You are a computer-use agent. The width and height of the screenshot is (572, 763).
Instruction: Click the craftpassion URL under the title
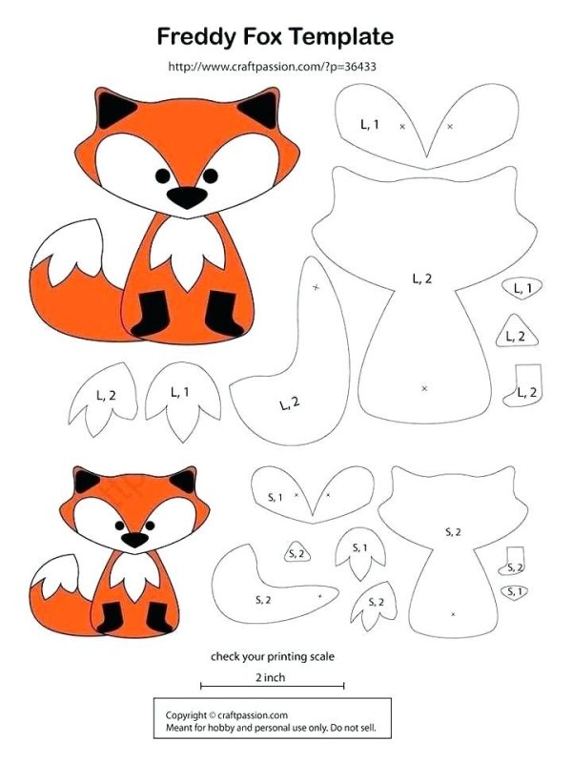click(x=272, y=66)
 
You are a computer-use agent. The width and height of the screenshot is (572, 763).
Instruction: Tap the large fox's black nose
click(x=187, y=197)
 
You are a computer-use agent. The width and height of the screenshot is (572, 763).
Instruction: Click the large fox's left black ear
click(x=114, y=109)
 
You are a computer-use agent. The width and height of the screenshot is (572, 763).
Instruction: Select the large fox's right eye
click(x=210, y=175)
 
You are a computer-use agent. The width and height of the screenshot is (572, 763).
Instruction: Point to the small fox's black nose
click(x=134, y=539)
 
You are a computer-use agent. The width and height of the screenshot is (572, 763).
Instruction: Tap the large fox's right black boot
click(x=222, y=313)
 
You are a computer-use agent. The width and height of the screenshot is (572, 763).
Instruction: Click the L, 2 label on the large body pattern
click(x=421, y=278)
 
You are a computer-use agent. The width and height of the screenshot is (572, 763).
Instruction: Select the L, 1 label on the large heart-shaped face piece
click(x=369, y=125)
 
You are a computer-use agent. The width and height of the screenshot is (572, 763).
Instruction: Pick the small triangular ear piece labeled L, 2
click(x=517, y=331)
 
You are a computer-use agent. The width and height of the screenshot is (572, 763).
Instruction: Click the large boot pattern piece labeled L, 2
click(x=522, y=386)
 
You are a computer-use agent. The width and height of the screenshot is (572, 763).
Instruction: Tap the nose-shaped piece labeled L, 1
click(x=521, y=288)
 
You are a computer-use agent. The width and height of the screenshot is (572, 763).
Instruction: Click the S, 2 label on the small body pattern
click(x=453, y=532)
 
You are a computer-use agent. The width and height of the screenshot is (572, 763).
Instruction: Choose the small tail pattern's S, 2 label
click(x=263, y=600)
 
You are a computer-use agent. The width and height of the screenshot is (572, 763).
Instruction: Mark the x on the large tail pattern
click(x=317, y=288)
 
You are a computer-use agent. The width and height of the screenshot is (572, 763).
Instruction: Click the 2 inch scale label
click(x=271, y=677)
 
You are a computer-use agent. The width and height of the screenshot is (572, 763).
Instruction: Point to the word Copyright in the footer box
click(x=186, y=715)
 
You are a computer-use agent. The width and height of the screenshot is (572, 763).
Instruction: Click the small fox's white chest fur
click(x=135, y=575)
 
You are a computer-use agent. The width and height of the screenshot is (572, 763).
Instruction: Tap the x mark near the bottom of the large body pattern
click(x=424, y=388)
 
